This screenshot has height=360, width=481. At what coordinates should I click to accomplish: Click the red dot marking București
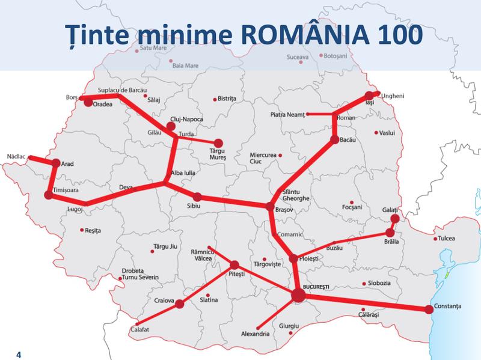(x=298, y=294)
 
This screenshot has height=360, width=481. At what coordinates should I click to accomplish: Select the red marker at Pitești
(x=234, y=264)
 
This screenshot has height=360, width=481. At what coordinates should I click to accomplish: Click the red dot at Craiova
(x=179, y=304)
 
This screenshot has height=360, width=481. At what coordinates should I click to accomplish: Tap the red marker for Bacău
(x=335, y=140)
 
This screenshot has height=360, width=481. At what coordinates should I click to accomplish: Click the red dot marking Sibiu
(x=197, y=197)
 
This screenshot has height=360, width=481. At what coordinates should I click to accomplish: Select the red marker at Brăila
(x=390, y=233)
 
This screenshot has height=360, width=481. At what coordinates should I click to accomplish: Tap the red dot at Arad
(x=56, y=163)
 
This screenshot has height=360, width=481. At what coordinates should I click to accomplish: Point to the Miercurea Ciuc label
(x=265, y=158)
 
